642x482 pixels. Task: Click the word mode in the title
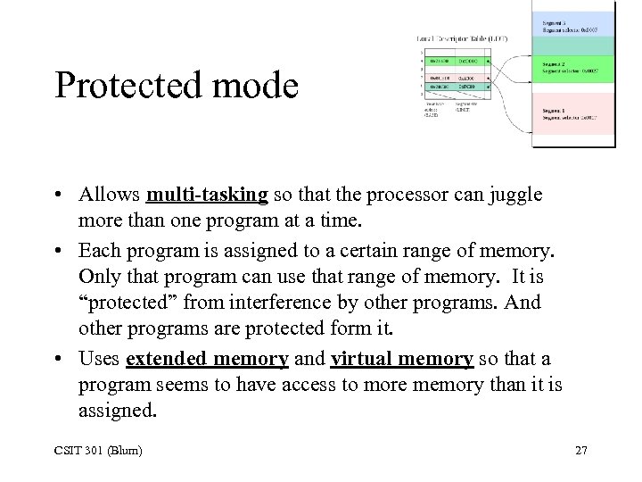coord(259,86)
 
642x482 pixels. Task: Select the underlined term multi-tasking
coord(207,195)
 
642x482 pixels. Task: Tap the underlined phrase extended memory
coord(207,360)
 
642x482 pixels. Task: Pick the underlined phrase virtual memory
coord(401,360)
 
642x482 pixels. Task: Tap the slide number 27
coord(581,450)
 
